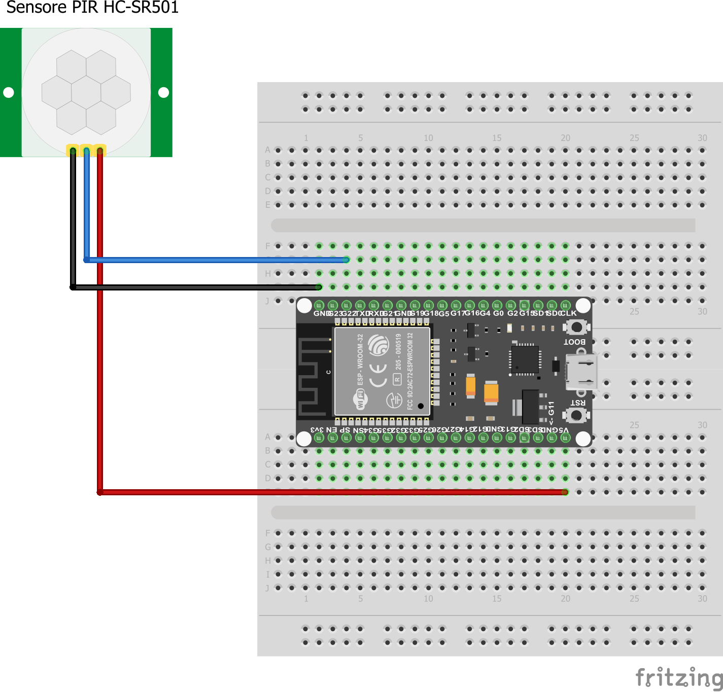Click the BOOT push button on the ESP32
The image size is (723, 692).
tap(576, 327)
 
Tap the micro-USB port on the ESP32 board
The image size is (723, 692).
tap(581, 372)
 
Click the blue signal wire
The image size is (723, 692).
tap(213, 260)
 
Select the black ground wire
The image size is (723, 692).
tap(193, 287)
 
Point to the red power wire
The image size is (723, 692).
tap(330, 492)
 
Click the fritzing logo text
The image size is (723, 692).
tap(679, 677)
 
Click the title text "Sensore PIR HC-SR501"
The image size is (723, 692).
tap(92, 8)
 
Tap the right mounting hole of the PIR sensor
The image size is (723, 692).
tap(163, 92)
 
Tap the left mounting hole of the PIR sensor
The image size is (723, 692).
tap(9, 92)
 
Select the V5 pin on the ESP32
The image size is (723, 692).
tap(565, 438)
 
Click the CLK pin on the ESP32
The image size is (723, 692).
tap(565, 305)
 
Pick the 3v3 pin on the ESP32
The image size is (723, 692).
tap(319, 438)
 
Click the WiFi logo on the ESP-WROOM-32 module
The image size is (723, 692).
tap(360, 399)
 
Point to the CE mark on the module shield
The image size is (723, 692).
tap(378, 375)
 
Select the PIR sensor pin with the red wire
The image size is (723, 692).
tap(100, 150)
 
